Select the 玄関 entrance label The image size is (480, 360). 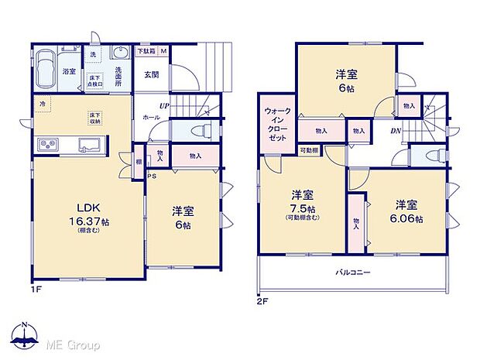tap(151, 75)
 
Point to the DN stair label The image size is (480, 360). tap(395, 132)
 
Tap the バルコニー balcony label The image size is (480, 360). tap(352, 273)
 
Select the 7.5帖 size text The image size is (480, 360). tap(302, 209)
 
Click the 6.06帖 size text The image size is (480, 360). tap(408, 219)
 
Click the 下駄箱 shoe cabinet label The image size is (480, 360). tap(146, 51)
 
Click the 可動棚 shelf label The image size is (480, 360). tap(309, 150)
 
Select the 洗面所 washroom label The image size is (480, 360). tap(119, 74)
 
